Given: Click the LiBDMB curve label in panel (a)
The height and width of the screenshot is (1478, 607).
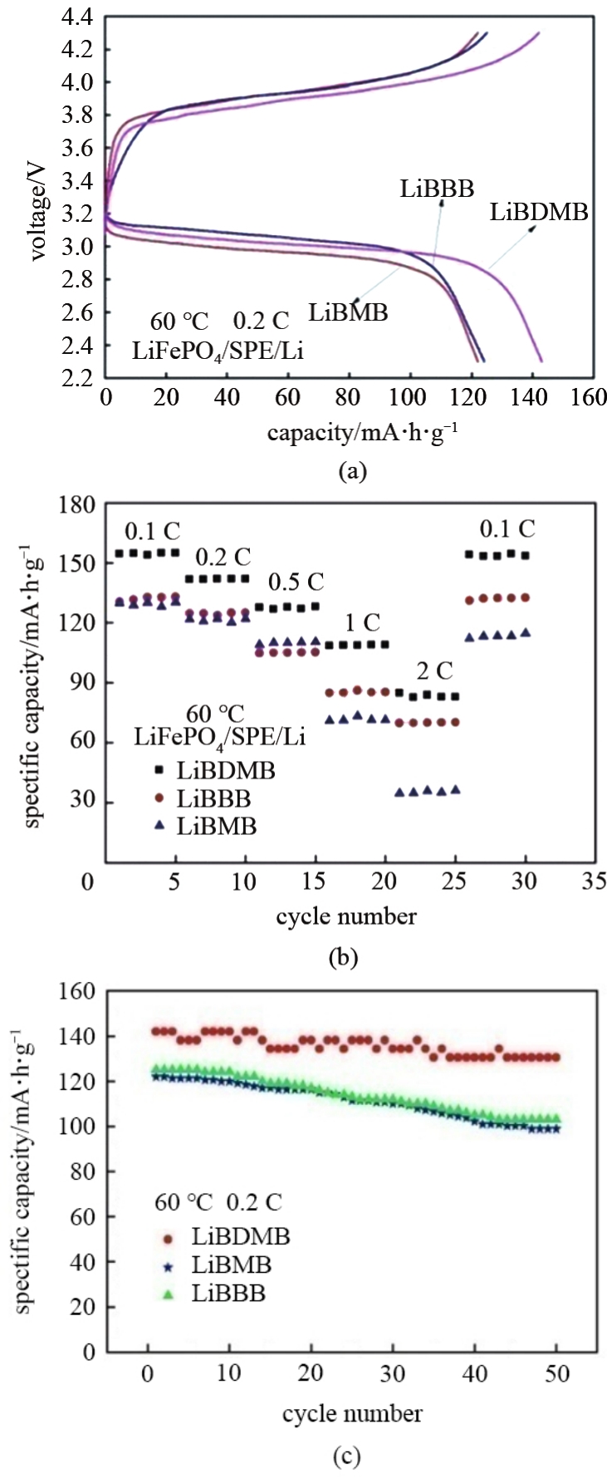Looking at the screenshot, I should pyautogui.click(x=538, y=212).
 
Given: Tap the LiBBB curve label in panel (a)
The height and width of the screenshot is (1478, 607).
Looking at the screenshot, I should pyautogui.click(x=437, y=189).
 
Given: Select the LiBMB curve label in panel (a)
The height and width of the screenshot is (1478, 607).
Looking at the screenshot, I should pyautogui.click(x=348, y=312).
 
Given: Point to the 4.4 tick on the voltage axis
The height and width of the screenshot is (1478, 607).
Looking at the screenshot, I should pyautogui.click(x=76, y=17).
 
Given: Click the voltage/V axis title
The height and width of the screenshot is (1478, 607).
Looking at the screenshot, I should pyautogui.click(x=38, y=213).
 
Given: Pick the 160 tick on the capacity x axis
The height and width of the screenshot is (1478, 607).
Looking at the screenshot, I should pyautogui.click(x=589, y=397).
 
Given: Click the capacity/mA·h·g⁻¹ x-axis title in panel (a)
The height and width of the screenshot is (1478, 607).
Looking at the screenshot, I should pyautogui.click(x=362, y=433).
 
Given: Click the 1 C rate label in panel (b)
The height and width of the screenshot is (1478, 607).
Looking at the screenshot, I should pyautogui.click(x=362, y=622).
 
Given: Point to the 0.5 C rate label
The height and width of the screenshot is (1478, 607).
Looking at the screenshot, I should pyautogui.click(x=296, y=582).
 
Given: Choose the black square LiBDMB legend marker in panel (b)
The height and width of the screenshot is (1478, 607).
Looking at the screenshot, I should pyautogui.click(x=159, y=770).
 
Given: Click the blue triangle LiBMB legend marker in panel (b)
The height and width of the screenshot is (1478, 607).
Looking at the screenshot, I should pyautogui.click(x=159, y=826).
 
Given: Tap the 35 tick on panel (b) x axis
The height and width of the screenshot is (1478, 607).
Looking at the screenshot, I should pyautogui.click(x=594, y=881).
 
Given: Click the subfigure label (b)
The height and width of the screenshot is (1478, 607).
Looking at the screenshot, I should pyautogui.click(x=344, y=957).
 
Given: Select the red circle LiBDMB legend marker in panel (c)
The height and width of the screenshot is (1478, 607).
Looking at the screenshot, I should pyautogui.click(x=169, y=1238).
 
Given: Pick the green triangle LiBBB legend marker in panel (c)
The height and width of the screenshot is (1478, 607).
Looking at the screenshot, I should pyautogui.click(x=169, y=1294).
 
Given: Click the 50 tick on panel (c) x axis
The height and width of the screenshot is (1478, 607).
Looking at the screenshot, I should pyautogui.click(x=557, y=1373).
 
